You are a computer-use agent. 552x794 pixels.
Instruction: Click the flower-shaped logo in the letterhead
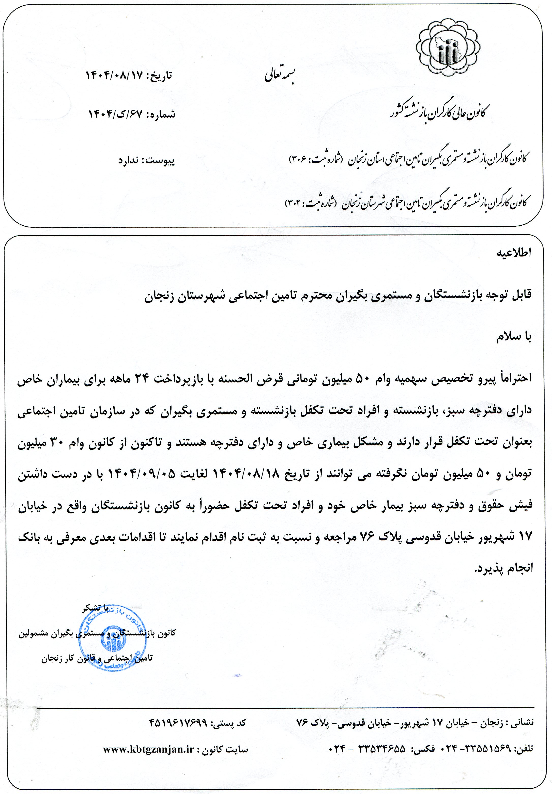(x=448, y=47)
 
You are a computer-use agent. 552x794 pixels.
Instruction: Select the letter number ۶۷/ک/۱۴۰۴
(x=115, y=114)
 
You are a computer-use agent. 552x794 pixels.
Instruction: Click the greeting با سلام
(x=514, y=337)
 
